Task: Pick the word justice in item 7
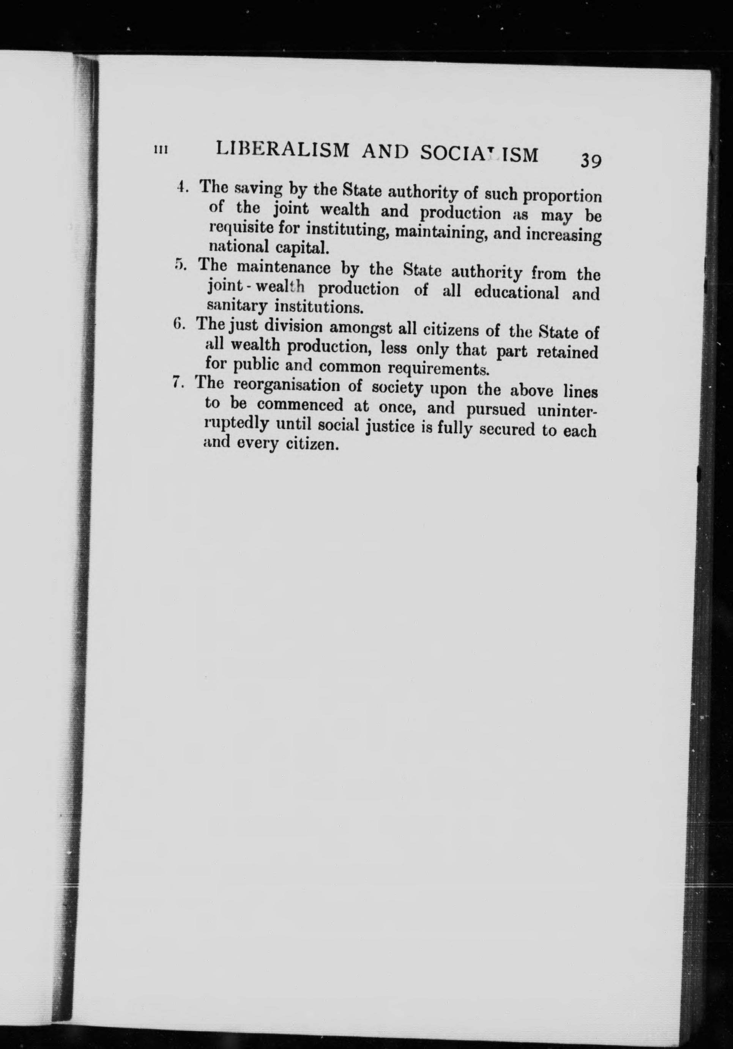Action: (392, 428)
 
